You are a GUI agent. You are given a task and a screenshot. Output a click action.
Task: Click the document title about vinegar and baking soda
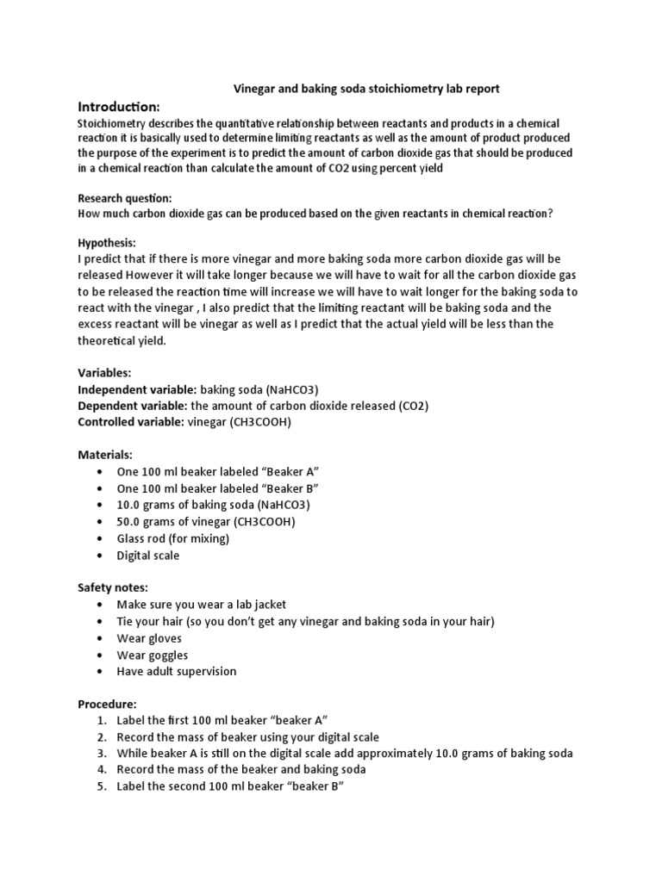tap(367, 89)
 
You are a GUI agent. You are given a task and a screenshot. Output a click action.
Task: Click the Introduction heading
tap(119, 107)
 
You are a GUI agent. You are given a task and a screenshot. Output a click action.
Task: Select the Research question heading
tap(125, 197)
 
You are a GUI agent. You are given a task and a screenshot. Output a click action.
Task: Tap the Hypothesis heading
tap(107, 242)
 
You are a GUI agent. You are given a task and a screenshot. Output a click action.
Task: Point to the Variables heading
tap(104, 373)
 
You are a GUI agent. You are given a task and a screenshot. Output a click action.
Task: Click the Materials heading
tap(105, 454)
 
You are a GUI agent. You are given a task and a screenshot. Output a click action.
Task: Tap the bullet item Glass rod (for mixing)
tap(172, 538)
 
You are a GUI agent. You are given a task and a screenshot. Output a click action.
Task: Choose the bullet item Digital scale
tap(148, 556)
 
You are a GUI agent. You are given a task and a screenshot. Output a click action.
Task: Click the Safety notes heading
tap(113, 587)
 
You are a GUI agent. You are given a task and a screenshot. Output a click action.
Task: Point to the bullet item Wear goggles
tap(152, 655)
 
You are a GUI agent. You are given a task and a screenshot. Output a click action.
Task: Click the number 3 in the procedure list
tap(101, 753)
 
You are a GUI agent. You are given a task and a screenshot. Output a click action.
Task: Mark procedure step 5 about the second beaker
tap(230, 786)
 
